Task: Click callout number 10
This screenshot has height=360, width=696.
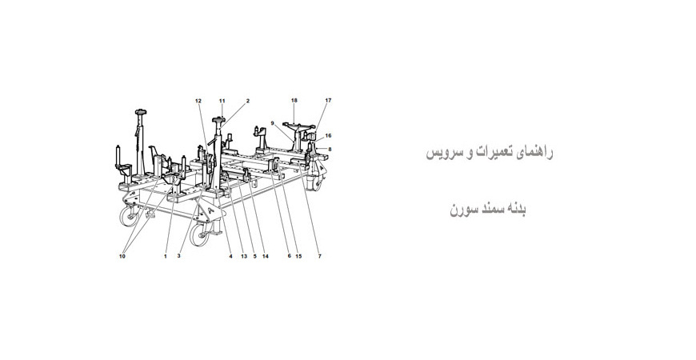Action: [x=122, y=256]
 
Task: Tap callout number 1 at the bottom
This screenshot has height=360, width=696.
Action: [x=166, y=256]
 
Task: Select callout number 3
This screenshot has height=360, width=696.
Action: [x=178, y=256]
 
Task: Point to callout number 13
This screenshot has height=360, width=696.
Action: [x=244, y=256]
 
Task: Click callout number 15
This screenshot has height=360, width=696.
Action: [x=298, y=256]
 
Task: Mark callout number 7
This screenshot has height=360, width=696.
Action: [x=319, y=256]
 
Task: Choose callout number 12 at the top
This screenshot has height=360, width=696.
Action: [x=198, y=101]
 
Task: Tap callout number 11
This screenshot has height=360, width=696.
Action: [x=222, y=101]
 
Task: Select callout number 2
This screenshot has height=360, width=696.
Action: [x=248, y=101]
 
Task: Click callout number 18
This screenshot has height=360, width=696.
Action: [x=294, y=100]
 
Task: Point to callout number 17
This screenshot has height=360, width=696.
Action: [x=328, y=100]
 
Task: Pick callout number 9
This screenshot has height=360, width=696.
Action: [x=273, y=123]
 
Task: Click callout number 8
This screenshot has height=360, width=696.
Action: [x=330, y=149]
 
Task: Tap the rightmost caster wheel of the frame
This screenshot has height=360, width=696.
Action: [x=318, y=183]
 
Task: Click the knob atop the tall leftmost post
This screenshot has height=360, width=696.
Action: [x=141, y=112]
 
